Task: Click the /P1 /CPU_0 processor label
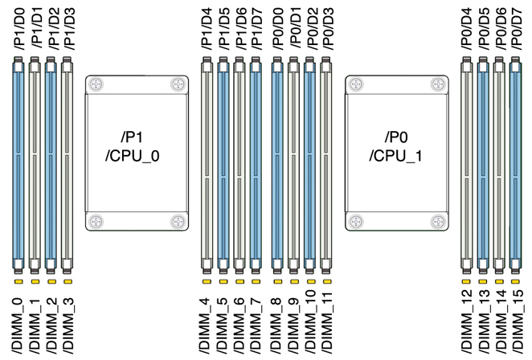pyautogui.click(x=133, y=145)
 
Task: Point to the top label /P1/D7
pyautogui.click(x=256, y=30)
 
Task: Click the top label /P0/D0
pyautogui.click(x=276, y=30)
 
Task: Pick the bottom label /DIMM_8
pyautogui.click(x=276, y=326)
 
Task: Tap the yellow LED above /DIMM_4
pyautogui.click(x=205, y=282)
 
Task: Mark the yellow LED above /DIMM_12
pyautogui.click(x=465, y=282)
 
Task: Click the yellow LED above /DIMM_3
pyautogui.click(x=68, y=282)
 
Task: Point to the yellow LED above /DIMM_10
pyautogui.click(x=310, y=282)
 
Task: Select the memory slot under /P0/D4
pyautogui.click(x=465, y=165)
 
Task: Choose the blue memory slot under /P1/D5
pyautogui.click(x=222, y=165)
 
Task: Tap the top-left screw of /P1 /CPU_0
pyautogui.click(x=96, y=84)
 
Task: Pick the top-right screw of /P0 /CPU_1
pyautogui.click(x=436, y=84)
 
